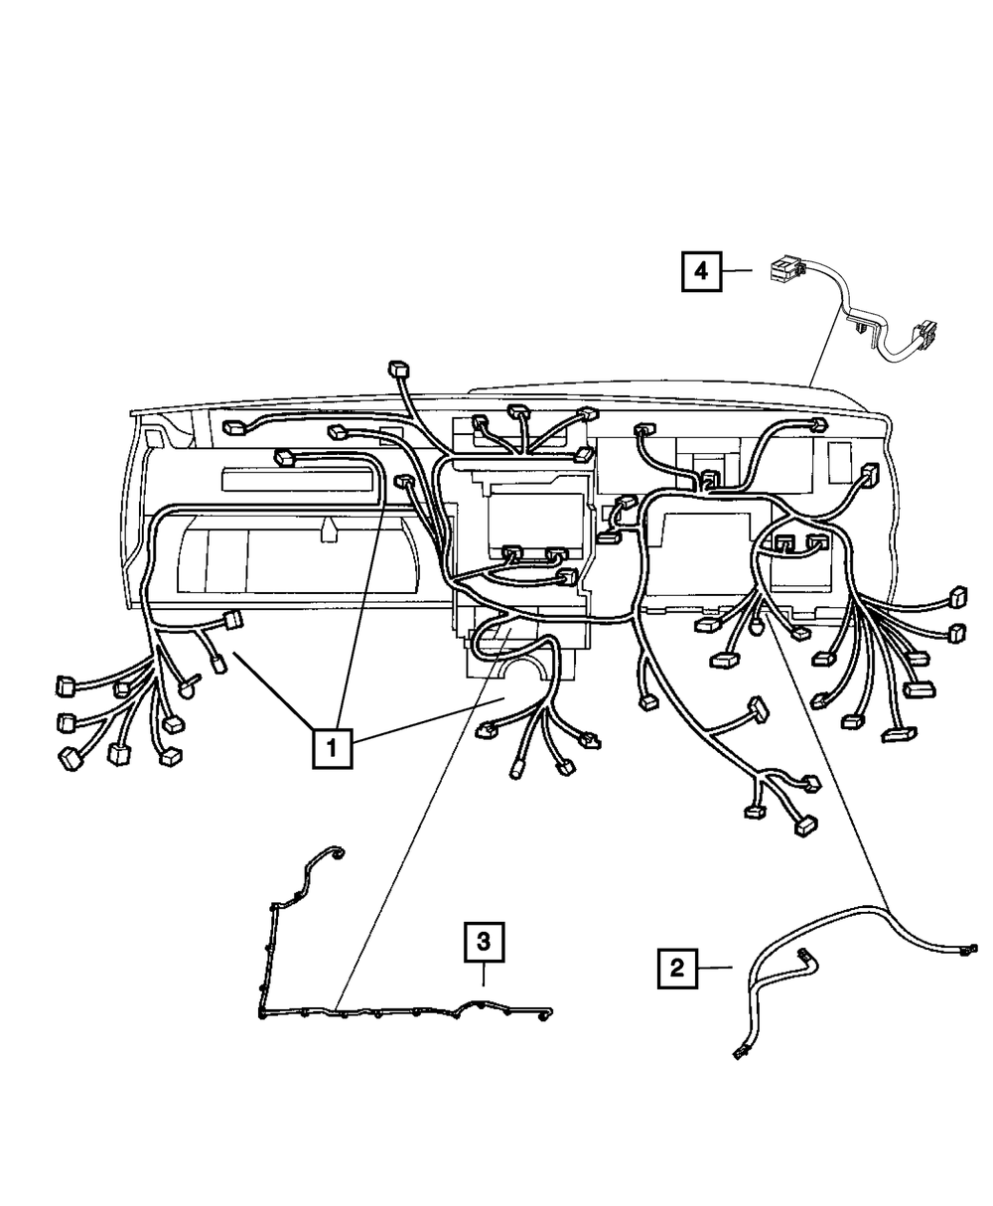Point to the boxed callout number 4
[x=702, y=270]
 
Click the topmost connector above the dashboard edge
[x=399, y=370]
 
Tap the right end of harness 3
[x=545, y=1015]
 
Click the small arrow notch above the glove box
[x=328, y=531]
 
